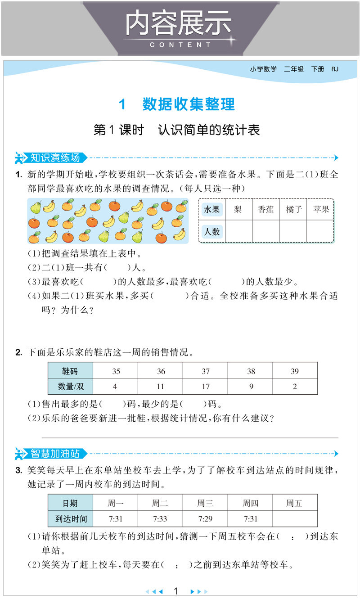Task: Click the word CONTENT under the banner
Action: pos(180,45)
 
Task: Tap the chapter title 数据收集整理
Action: pos(189,104)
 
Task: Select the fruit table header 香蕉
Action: pos(266,209)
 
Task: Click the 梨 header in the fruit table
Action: pos(238,209)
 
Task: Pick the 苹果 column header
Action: pos(321,209)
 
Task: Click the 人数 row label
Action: pos(212,231)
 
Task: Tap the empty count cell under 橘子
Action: pos(293,231)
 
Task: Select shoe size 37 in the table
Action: pos(206,371)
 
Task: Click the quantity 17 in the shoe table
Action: pos(206,387)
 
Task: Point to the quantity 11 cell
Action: pos(161,387)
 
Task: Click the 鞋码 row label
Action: pos(70,371)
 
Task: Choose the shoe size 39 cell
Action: pos(295,371)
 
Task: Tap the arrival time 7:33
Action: pos(160,519)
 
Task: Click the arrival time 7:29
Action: pos(205,519)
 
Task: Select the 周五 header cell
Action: pos(294,504)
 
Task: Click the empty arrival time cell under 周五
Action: pos(295,519)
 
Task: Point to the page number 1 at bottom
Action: pos(176,591)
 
